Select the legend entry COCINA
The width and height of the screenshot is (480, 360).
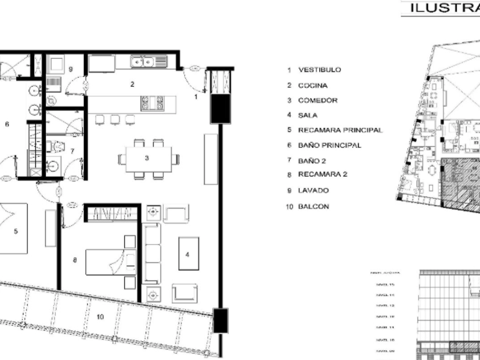(313, 85)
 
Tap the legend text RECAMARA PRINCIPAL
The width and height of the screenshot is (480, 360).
(340, 130)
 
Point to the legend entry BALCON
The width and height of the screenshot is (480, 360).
(313, 206)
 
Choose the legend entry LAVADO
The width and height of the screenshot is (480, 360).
(313, 190)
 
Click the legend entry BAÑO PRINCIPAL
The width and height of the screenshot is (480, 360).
(329, 145)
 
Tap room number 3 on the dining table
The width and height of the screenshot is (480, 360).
(147, 158)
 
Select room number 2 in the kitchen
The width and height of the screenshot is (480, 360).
(132, 85)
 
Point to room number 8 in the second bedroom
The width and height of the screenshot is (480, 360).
(75, 260)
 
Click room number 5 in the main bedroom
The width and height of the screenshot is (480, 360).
(16, 231)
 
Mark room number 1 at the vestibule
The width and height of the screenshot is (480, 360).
(196, 97)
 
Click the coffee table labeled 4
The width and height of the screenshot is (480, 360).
(188, 253)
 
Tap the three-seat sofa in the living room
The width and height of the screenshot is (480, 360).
(151, 253)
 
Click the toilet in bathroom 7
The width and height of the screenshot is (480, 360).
(55, 147)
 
